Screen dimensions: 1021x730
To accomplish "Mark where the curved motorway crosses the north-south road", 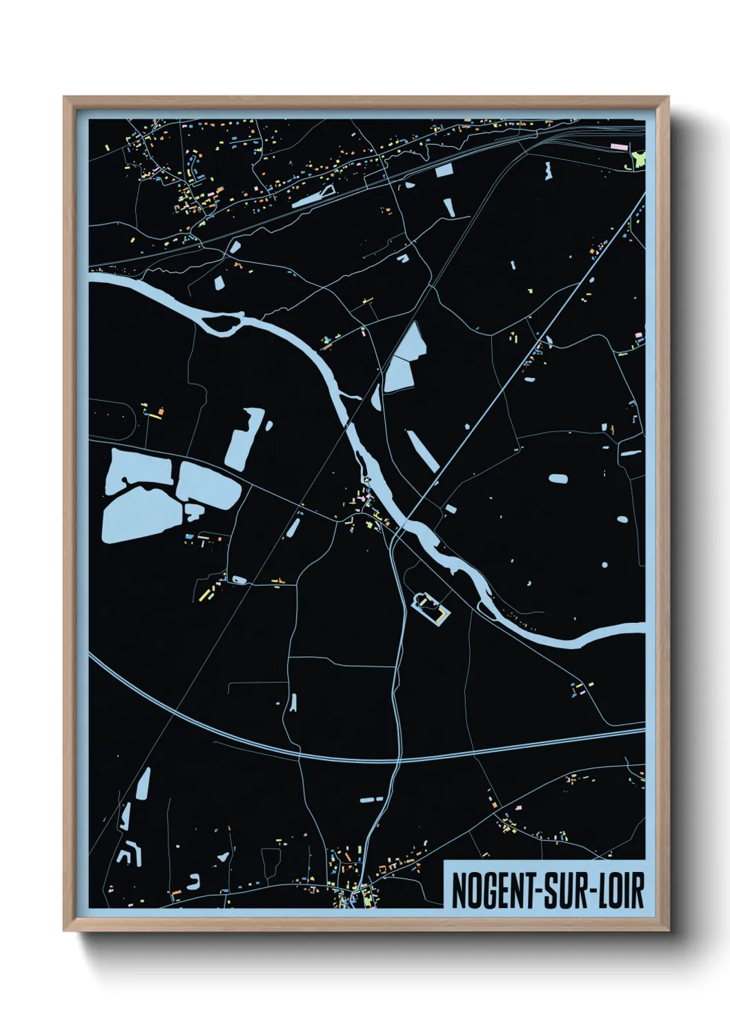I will (x=398, y=760).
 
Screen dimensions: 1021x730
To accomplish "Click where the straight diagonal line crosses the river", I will (x=406, y=521).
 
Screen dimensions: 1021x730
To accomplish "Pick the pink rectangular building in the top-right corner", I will (x=620, y=146).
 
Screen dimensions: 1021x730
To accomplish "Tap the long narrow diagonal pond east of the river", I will (x=422, y=451).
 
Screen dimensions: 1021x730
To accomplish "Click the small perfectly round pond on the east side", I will (x=604, y=565).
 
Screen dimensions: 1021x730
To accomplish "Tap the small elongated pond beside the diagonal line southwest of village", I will (x=293, y=528).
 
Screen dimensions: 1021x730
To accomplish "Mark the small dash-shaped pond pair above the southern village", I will (x=371, y=799).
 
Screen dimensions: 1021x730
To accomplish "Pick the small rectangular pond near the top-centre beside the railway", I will (x=444, y=170).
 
